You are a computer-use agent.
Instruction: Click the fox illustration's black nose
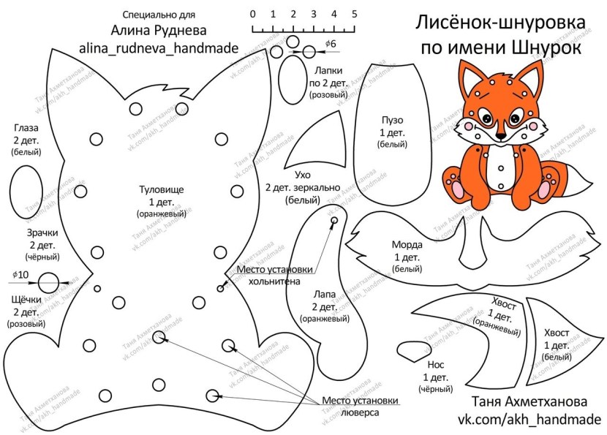pyautogui.click(x=500, y=136)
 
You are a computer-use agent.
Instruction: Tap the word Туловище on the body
pyautogui.click(x=161, y=189)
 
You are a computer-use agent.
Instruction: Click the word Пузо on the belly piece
pyautogui.click(x=392, y=120)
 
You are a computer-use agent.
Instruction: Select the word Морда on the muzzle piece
pyautogui.click(x=407, y=245)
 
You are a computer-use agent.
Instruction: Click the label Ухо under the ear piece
pyautogui.click(x=303, y=175)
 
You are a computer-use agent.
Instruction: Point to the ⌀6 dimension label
pyautogui.click(x=330, y=45)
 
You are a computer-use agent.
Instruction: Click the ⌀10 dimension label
pyautogui.click(x=20, y=274)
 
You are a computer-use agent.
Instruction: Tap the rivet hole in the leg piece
pyautogui.click(x=334, y=220)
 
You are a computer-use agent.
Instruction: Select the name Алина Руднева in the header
pyautogui.click(x=159, y=31)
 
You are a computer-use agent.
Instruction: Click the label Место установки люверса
pyautogui.click(x=361, y=406)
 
